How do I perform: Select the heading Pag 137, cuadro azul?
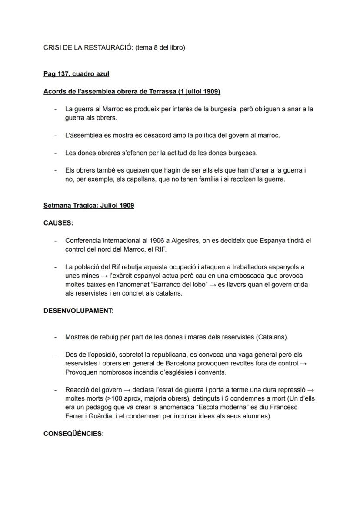point(76,74)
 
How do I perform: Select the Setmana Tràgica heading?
point(89,206)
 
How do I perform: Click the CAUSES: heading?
point(58,223)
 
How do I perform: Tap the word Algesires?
point(173,240)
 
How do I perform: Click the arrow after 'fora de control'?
point(304,363)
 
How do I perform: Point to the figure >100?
point(113,398)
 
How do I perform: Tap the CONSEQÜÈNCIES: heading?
point(73,434)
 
